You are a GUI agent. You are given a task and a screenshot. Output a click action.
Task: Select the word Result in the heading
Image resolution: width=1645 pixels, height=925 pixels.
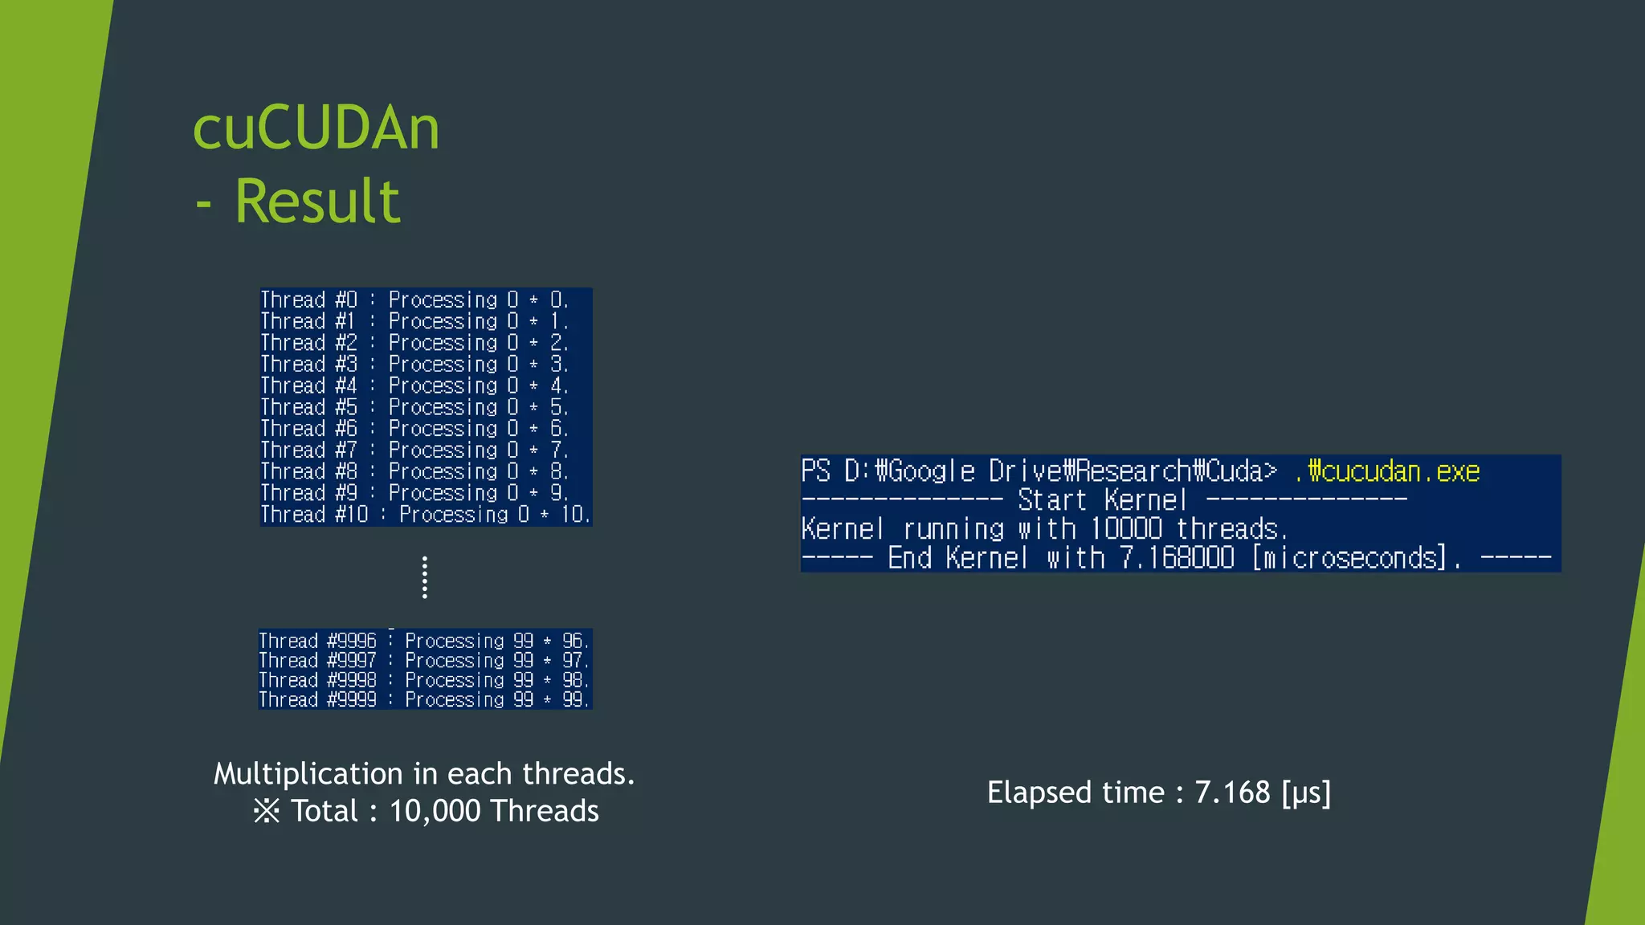[x=317, y=201]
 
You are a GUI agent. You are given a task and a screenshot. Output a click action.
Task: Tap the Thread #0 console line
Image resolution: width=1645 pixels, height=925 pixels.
[x=414, y=300]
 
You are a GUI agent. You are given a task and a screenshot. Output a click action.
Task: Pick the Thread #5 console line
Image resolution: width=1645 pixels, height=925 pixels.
[x=414, y=408]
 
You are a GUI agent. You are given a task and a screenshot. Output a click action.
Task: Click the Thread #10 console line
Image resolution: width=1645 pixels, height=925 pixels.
[x=425, y=515]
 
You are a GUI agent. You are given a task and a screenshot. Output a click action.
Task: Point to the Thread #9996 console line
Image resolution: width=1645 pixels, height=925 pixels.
[x=423, y=641]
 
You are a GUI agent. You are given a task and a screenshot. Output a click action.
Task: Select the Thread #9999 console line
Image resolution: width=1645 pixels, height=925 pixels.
[x=423, y=699]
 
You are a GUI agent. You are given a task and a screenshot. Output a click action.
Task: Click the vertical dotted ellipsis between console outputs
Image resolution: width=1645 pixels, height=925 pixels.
[x=425, y=577]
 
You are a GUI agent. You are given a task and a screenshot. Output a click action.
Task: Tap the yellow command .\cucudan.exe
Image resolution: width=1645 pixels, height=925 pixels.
[x=1387, y=471]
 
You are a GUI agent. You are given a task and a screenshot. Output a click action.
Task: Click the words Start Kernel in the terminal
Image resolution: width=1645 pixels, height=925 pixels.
[x=1102, y=500]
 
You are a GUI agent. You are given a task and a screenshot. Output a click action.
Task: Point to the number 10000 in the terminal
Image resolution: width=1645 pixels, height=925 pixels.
[x=1126, y=529]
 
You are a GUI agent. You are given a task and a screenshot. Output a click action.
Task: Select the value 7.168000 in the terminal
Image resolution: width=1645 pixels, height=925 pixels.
[x=1177, y=558]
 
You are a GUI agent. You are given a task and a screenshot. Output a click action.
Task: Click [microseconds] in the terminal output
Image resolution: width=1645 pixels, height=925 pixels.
[x=1349, y=558]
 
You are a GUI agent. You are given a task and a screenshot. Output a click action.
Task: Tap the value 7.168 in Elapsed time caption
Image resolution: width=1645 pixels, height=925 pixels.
[x=1232, y=793]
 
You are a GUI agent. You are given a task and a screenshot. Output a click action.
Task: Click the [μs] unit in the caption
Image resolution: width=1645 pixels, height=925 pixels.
[x=1306, y=793]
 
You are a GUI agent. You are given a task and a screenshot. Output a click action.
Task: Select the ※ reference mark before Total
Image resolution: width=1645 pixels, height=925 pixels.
[x=267, y=811]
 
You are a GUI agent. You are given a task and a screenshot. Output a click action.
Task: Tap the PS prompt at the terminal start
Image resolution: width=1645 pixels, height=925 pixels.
[x=816, y=471]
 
